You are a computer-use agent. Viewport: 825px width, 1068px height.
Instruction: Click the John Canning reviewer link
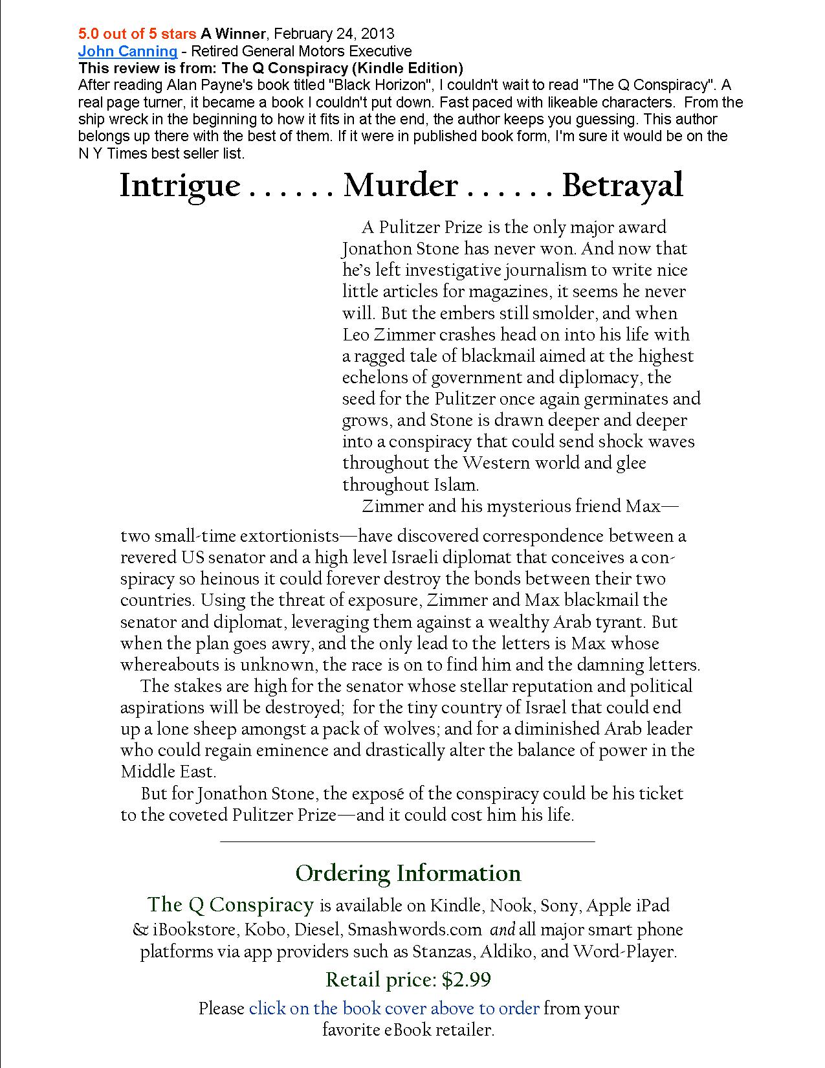[x=127, y=51]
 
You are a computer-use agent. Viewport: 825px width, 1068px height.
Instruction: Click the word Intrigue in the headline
[x=180, y=186]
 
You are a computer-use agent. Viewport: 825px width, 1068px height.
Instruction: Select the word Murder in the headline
[x=401, y=186]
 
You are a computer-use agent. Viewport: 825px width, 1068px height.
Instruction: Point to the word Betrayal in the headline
[x=622, y=186]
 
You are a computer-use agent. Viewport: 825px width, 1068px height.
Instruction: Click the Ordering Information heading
[x=408, y=873]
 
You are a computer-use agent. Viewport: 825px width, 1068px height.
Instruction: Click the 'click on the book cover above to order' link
[x=394, y=1008]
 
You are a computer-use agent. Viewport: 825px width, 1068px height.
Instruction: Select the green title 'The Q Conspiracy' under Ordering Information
[x=230, y=904]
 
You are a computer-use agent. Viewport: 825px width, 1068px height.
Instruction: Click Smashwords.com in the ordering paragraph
[x=414, y=929]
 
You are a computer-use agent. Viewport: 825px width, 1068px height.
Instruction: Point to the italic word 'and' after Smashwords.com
[x=503, y=929]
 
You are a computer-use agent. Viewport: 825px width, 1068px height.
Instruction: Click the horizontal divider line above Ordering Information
[x=407, y=841]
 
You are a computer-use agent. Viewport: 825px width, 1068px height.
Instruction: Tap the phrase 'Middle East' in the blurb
[x=167, y=772]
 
